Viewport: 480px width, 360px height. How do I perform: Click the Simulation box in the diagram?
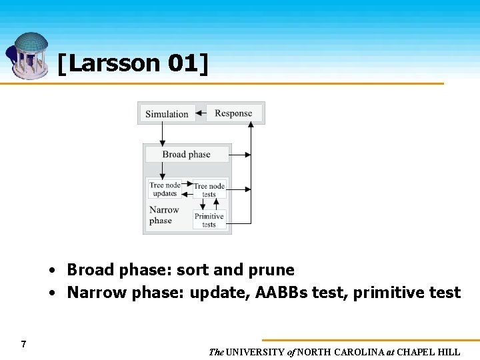167,114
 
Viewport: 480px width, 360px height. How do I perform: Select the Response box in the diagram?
233,113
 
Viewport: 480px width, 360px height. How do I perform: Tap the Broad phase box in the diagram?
186,155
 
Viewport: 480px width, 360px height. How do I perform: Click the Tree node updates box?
165,189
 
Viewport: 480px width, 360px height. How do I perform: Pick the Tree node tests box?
209,190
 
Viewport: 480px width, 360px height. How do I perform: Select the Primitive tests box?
209,220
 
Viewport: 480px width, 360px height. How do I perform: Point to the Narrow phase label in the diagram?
164,215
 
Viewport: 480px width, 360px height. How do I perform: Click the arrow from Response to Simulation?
201,113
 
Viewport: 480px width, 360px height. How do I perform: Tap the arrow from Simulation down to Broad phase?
162,133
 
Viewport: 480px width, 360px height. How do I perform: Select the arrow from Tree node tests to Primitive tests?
209,204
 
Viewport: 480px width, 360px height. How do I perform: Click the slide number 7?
23,344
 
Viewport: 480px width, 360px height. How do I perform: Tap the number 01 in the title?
182,63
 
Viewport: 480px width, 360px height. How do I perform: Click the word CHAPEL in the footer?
419,352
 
